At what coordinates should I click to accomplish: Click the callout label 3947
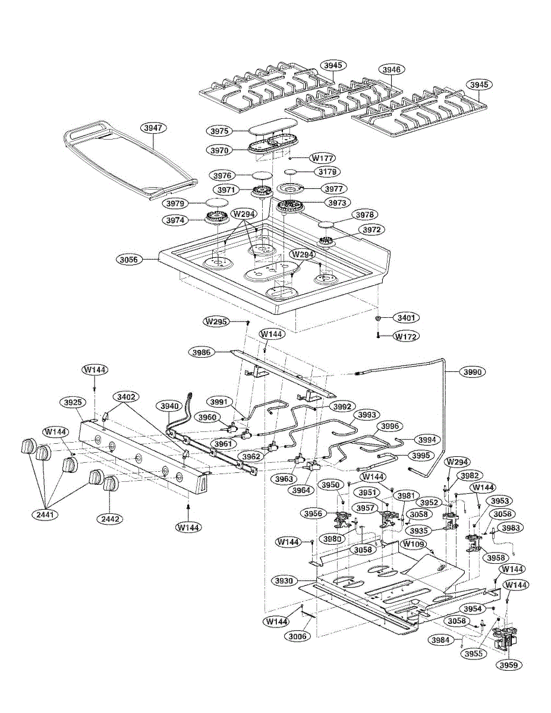coord(154,128)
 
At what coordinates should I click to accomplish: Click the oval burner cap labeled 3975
coord(272,130)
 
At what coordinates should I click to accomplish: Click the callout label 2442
coord(111,519)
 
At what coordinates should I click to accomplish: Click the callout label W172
coord(407,336)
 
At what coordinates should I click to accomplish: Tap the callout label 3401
coord(407,318)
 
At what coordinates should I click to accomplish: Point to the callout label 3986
coord(202,352)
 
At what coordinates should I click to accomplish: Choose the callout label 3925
coord(73,402)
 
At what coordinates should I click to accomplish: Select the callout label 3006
coord(298,636)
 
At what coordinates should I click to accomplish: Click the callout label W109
coord(414,544)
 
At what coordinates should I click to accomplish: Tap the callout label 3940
coord(168,406)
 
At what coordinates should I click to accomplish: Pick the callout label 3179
coord(328,172)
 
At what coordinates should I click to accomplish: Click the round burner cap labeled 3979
coord(216,203)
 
